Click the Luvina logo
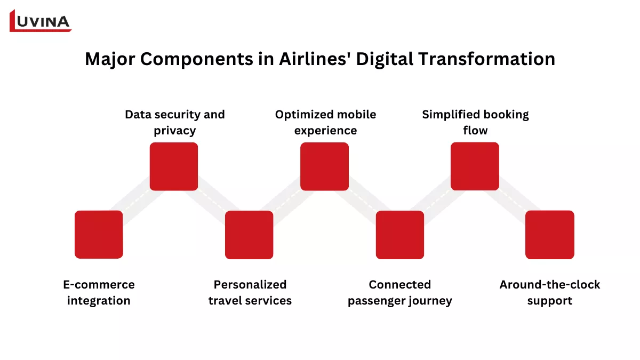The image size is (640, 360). pos(41,20)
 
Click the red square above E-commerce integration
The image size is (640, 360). pos(99,235)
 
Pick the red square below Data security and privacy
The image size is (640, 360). pos(174,166)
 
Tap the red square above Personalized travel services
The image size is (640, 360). pos(249,235)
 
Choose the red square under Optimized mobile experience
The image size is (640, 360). pos(325,166)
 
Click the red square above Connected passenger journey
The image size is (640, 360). pos(400,235)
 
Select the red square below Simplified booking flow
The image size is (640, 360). pos(475,166)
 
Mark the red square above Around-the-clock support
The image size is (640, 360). pos(550,235)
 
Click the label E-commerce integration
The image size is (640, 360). pos(99,293)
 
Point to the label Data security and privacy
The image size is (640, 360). pos(174,123)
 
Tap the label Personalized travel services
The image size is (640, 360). pos(250,293)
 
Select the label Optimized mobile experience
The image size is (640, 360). pos(325,123)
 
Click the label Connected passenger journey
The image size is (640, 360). pos(400,293)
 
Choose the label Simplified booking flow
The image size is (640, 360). pos(475,123)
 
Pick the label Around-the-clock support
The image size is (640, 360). pos(550,293)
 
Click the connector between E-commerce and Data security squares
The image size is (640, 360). pos(136,201)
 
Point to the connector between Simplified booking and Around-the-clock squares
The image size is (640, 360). pos(513,201)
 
